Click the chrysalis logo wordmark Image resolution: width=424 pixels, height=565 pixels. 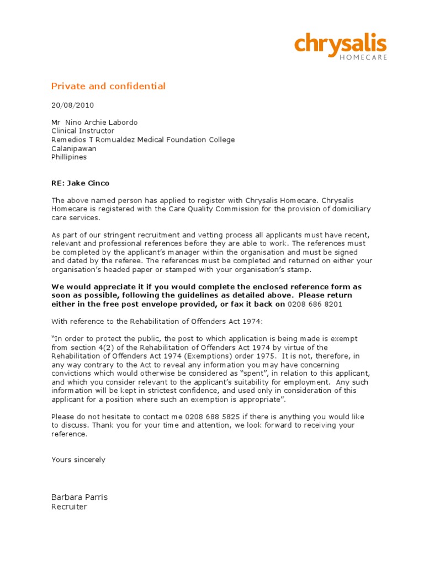click(340, 44)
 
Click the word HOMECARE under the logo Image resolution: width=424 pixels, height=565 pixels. click(363, 57)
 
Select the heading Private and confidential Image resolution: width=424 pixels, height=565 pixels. click(108, 86)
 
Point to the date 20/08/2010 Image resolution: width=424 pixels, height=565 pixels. click(73, 104)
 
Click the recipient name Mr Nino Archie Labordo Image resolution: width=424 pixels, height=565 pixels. click(94, 122)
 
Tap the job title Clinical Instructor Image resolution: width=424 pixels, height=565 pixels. click(83, 131)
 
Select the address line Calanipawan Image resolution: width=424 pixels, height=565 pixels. click(73, 148)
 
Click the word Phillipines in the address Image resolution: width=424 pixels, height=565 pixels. click(69, 157)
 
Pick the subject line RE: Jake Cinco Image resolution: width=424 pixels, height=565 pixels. click(77, 183)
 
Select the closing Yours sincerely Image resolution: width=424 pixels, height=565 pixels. click(78, 460)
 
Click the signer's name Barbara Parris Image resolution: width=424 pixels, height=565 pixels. click(79, 497)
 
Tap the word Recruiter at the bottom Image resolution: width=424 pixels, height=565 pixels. click(69, 507)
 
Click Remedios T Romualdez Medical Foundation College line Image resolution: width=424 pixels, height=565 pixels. click(143, 140)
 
